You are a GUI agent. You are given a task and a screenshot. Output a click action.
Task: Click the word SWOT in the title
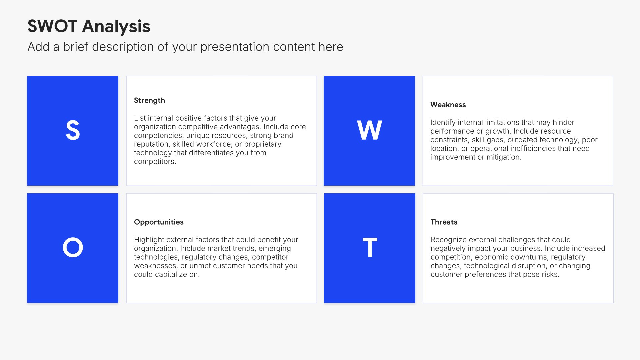(52, 26)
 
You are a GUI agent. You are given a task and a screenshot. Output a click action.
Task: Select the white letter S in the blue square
(73, 130)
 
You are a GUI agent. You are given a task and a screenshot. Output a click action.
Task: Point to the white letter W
(369, 130)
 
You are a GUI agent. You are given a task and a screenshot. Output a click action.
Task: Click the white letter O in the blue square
(73, 247)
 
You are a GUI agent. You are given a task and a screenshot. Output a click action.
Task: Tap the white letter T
(370, 247)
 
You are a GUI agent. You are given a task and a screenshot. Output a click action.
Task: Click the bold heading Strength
(149, 101)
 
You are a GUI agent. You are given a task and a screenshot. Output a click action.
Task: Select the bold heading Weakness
(448, 105)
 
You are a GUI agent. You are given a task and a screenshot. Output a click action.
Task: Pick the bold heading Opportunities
(159, 222)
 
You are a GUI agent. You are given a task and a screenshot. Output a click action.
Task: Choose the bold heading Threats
(444, 222)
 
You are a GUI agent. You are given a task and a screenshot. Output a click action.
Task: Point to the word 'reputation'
(151, 144)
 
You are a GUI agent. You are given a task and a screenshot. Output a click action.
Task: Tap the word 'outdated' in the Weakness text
(522, 140)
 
